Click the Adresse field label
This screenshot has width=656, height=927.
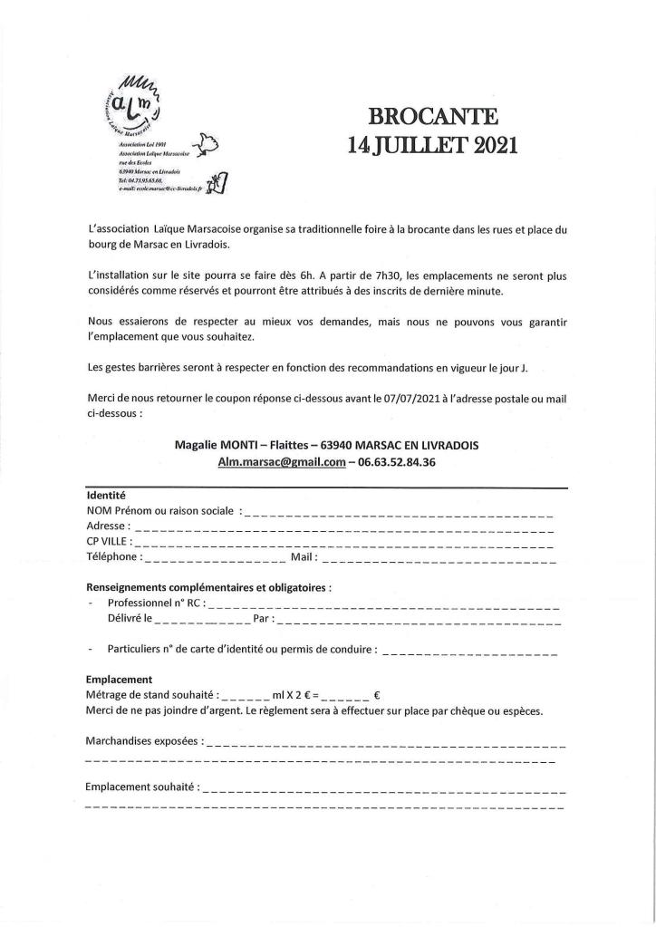coord(107,526)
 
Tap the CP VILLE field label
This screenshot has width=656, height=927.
coord(108,542)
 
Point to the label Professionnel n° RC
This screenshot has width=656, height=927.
coord(156,603)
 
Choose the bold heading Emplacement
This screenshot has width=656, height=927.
coord(119,679)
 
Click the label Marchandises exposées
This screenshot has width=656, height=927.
coord(143,740)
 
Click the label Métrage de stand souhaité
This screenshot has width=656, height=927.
coord(150,695)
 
